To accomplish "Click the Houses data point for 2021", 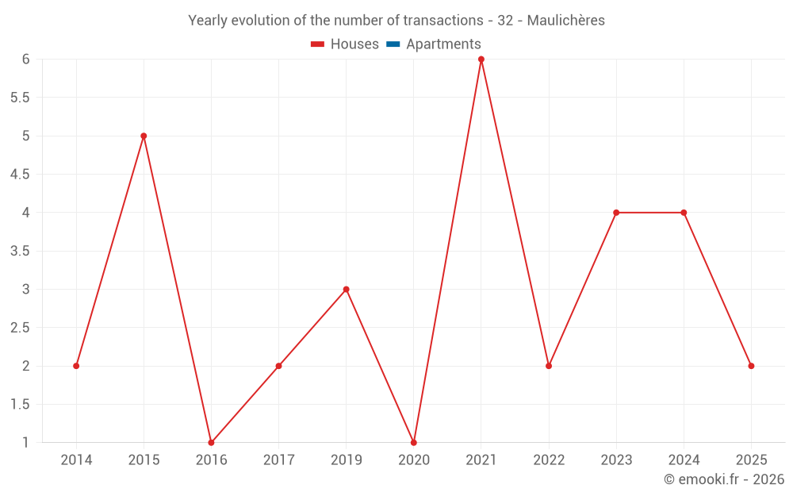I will point(481,60).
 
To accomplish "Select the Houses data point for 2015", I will point(144,136).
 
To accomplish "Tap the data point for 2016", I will point(211,442).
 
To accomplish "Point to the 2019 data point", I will point(346,289).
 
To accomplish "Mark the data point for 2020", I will point(414,442).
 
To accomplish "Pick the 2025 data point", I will point(751,366).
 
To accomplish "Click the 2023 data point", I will point(616,213).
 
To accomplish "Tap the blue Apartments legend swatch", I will point(393,44).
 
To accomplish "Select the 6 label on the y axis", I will point(25,60).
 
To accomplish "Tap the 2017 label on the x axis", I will point(278,460).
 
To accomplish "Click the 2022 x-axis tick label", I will point(549,460).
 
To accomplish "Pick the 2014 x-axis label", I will point(76,460).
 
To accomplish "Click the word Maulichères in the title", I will point(569,21).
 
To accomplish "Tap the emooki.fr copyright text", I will point(723,479).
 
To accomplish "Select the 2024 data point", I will point(684,213).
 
